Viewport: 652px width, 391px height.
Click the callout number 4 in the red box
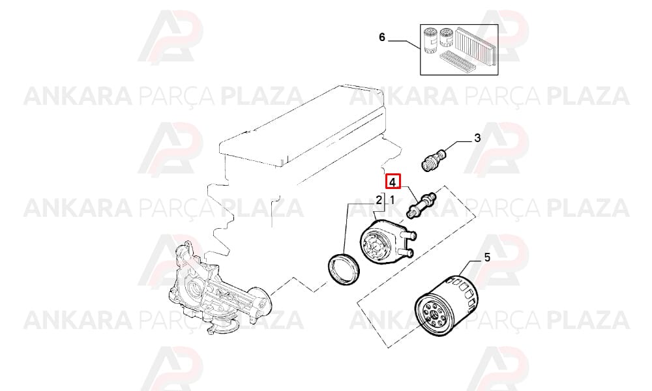(x=393, y=182)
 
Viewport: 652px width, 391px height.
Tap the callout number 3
(x=477, y=138)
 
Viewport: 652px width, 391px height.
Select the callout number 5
(x=487, y=257)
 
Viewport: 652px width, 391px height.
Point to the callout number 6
(x=382, y=37)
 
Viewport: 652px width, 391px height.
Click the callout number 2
(x=379, y=200)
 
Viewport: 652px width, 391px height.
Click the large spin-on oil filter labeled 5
(x=447, y=306)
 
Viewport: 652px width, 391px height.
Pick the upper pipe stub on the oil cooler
(x=409, y=236)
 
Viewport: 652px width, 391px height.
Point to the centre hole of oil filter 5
(x=434, y=315)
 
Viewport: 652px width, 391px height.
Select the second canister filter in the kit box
(x=446, y=38)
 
